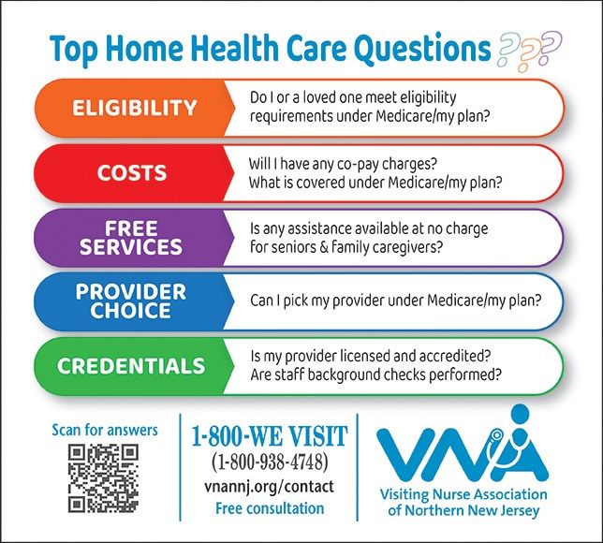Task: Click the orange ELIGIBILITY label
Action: (134, 108)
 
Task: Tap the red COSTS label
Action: (131, 172)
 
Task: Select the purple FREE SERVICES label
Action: (131, 237)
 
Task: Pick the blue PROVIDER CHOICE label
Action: (131, 301)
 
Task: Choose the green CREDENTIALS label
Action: (131, 365)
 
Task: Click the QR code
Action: (103, 478)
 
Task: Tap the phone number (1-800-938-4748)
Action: (270, 462)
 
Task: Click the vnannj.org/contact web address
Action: (270, 487)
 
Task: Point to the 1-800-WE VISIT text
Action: (270, 435)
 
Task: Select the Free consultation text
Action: (270, 508)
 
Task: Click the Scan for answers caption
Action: (105, 430)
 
